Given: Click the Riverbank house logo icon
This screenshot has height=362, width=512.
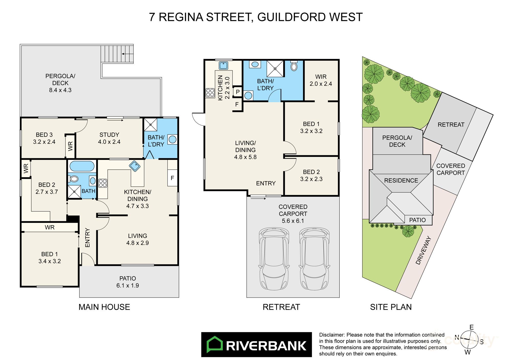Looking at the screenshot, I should point(215,345).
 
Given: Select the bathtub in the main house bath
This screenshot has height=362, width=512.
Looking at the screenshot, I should point(82,166).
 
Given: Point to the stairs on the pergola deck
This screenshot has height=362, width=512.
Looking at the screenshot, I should point(117,54).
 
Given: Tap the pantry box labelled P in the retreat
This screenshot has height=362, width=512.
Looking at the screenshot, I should point(238,92).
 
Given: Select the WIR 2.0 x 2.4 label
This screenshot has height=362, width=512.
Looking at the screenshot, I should point(321,80).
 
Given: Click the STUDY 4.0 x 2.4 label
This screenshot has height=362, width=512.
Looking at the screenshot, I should point(109,138).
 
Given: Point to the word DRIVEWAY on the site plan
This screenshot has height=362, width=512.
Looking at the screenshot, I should point(424,250).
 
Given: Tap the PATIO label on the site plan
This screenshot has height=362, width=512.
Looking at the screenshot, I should point(417,220).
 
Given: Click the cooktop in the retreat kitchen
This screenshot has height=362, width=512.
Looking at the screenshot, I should point(210,93).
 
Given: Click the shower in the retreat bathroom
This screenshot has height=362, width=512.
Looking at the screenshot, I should point(275,69).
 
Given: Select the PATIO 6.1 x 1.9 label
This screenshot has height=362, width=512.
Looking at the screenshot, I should point(127,282).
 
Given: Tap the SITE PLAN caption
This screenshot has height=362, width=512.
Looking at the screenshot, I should point(391,307).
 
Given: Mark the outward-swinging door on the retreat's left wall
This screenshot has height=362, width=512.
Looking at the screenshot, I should point(198,119).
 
